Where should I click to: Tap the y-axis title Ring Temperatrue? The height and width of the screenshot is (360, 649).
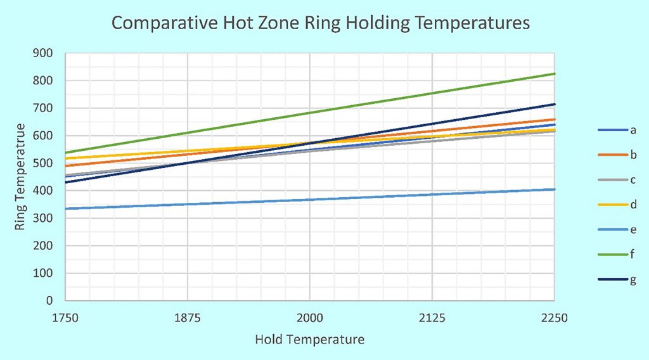[x=20, y=177]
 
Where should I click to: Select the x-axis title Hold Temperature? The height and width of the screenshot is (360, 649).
[x=309, y=340]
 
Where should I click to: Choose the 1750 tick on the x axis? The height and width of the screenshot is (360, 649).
[x=66, y=318]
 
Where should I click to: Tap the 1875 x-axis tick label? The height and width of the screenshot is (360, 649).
[x=188, y=318]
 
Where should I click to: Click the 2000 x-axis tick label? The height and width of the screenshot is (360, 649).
[x=309, y=318]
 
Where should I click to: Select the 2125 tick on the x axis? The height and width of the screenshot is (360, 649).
[x=432, y=318]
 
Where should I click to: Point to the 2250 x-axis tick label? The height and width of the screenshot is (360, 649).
[x=554, y=318]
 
